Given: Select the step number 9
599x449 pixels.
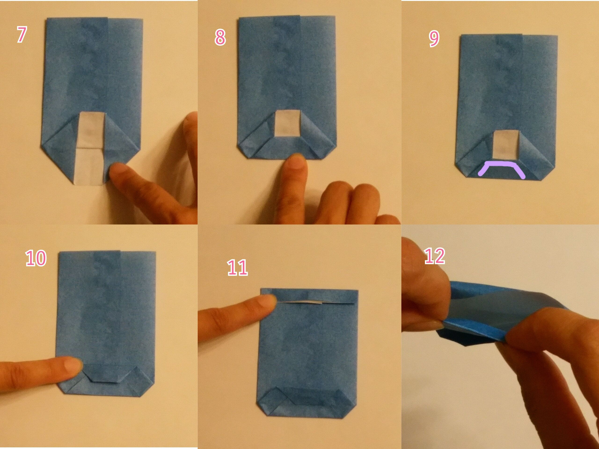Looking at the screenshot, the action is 434,40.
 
